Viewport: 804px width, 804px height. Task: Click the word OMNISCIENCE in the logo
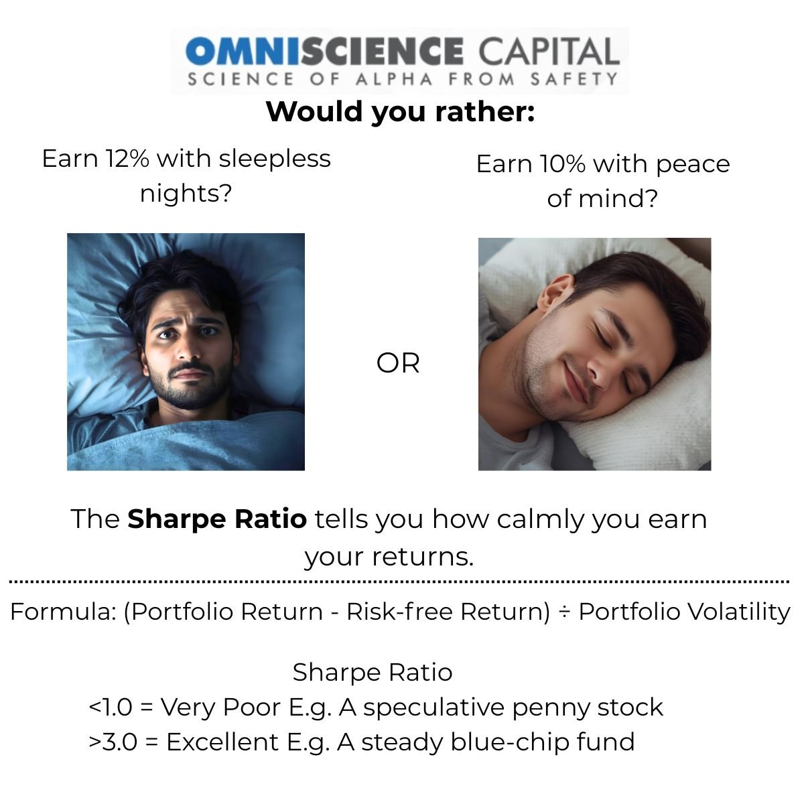coord(324,51)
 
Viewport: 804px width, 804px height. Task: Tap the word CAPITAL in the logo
coord(549,51)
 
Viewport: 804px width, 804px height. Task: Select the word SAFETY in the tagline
coord(574,79)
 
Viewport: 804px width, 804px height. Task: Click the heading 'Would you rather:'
coord(401,113)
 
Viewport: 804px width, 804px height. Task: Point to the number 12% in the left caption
coord(127,159)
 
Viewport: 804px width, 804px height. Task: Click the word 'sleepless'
coord(275,159)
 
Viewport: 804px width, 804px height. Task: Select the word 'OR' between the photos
coord(397,363)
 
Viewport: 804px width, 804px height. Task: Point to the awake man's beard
coord(189,386)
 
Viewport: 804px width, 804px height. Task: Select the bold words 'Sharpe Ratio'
coord(217,519)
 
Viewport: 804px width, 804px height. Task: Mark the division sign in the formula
coord(564,612)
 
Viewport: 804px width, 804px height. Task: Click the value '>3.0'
coord(113,742)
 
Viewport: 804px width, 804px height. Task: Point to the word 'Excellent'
coord(223,742)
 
